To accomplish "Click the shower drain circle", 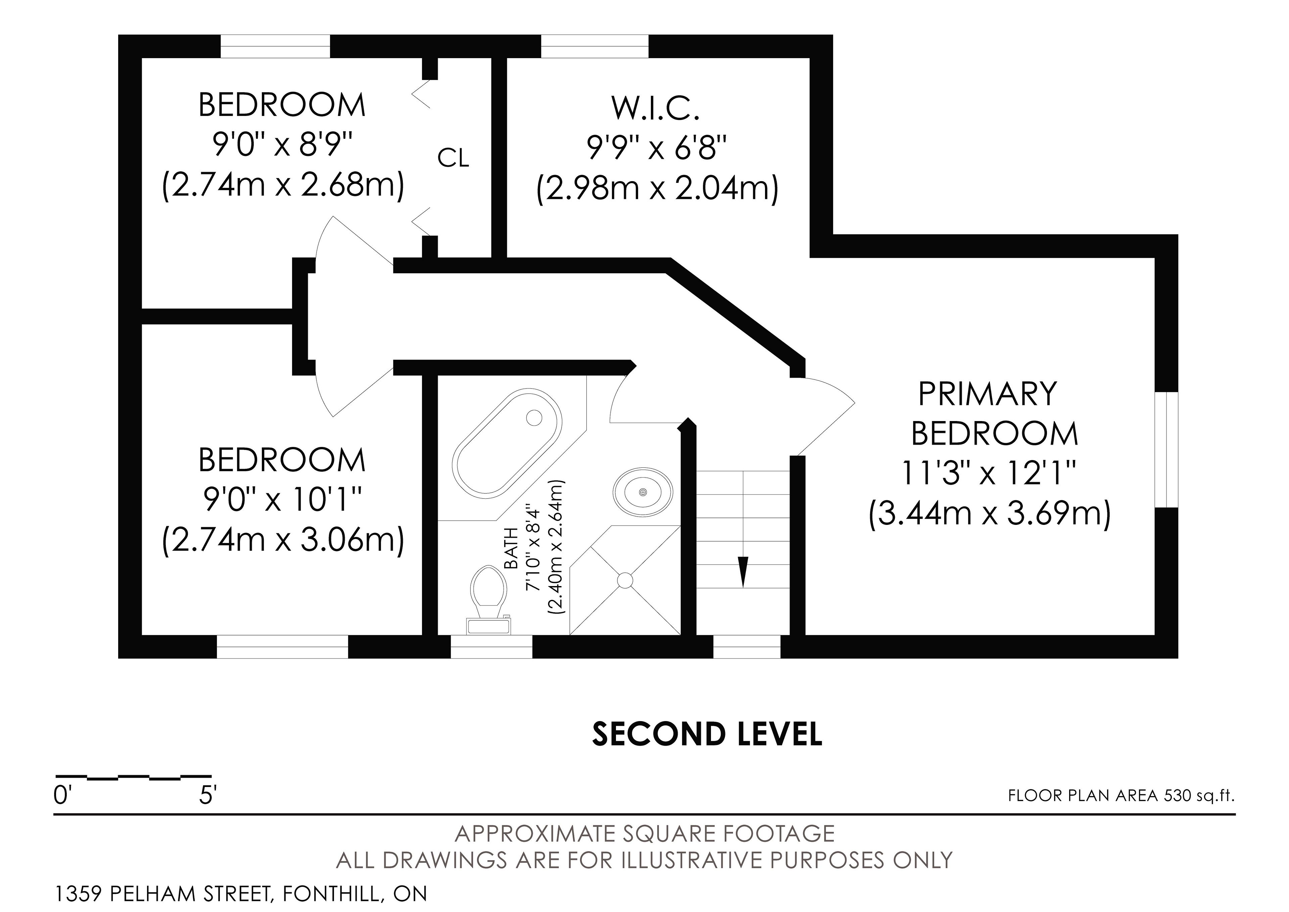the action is point(625,580).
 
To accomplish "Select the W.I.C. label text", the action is point(656,109).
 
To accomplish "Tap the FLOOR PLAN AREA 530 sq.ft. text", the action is point(1121,796).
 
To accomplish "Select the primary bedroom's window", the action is point(1166,450).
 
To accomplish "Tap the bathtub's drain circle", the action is point(534,417).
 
